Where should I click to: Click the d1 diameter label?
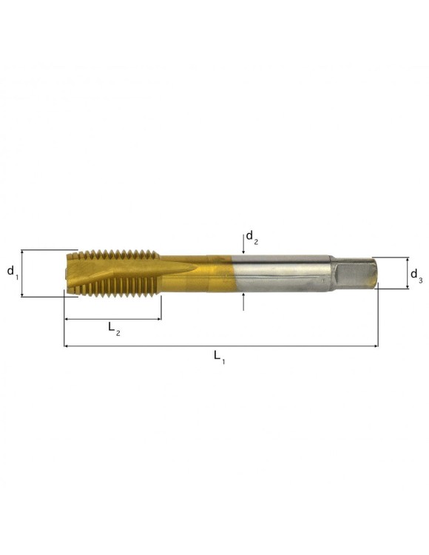pos(13,272)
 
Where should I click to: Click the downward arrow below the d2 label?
pos(244,247)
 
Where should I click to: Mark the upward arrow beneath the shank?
pos(244,300)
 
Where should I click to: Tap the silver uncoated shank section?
pos(281,274)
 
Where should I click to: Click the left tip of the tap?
pos(67,274)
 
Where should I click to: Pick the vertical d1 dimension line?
pos(22,273)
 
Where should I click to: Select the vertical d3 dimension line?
pos(406,273)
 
